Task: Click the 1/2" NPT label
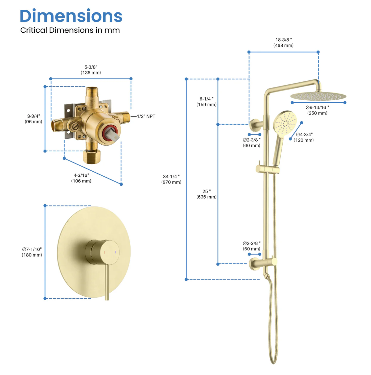click(x=146, y=116)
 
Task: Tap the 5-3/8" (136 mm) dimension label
click(x=91, y=70)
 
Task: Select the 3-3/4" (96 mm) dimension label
click(x=33, y=119)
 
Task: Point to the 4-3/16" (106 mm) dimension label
click(x=81, y=178)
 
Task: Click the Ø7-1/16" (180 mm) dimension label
click(x=32, y=252)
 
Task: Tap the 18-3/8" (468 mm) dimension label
click(x=283, y=42)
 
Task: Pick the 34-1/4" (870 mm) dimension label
click(x=171, y=179)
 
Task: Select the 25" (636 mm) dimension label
click(x=206, y=194)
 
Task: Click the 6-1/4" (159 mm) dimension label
click(x=206, y=102)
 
